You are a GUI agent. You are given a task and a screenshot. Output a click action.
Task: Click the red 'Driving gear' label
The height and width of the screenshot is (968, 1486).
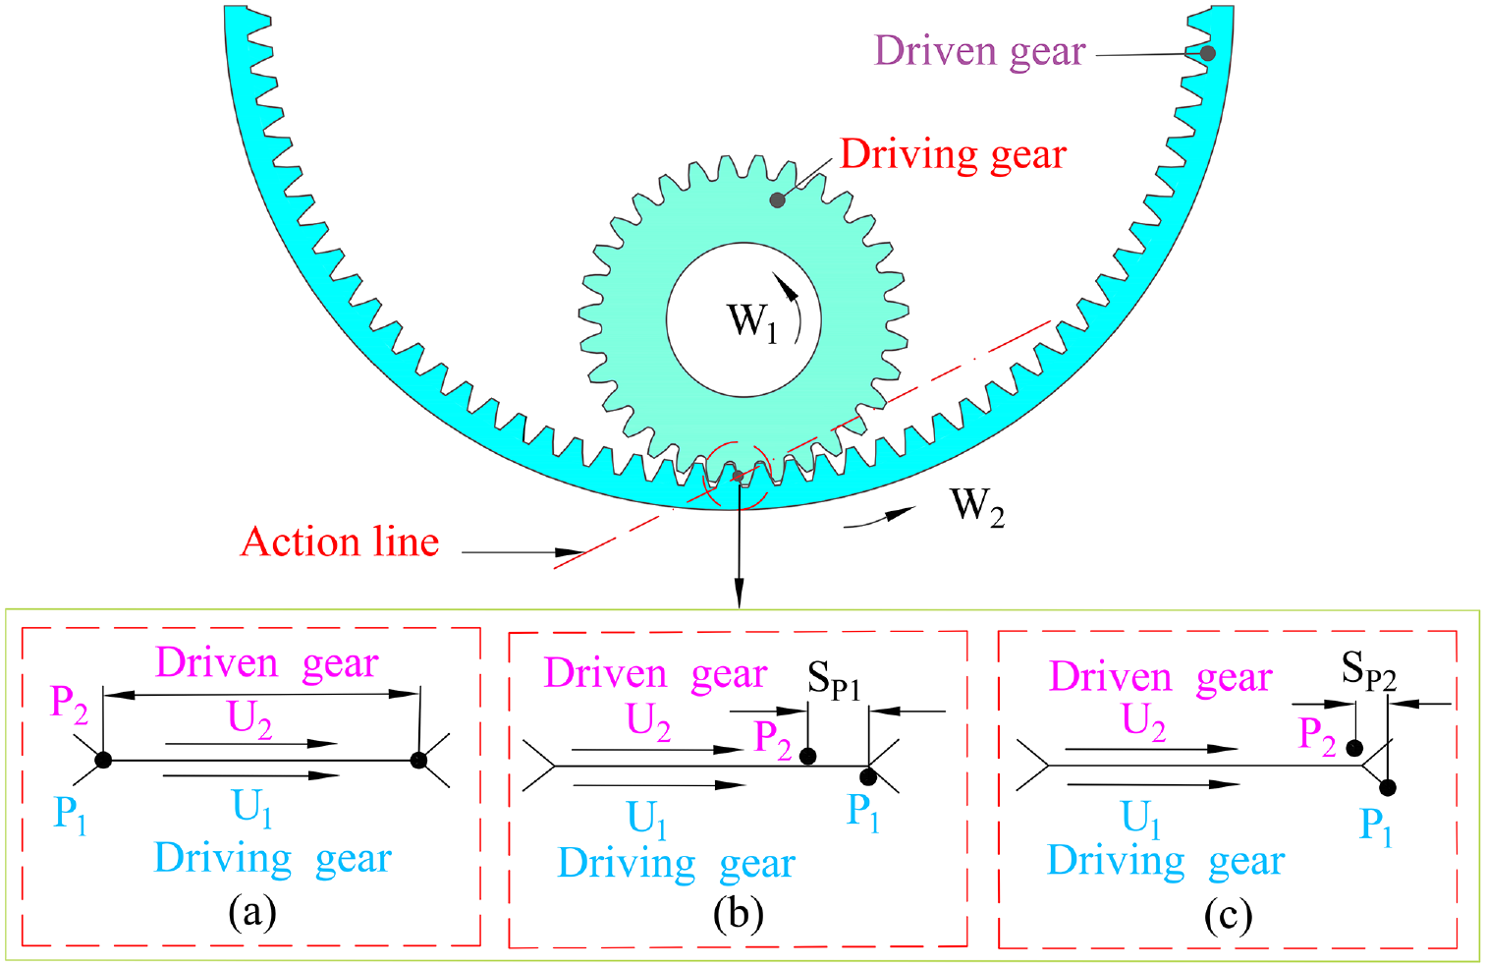pos(953,155)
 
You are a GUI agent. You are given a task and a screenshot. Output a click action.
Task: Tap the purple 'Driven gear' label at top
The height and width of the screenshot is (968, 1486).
pos(979,51)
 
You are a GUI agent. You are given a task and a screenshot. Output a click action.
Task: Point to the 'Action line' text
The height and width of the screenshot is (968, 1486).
pos(340,542)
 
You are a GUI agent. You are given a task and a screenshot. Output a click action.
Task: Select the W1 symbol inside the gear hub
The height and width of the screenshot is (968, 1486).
pos(751,321)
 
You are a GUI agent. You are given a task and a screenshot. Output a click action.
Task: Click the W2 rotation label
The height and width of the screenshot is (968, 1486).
pos(977,506)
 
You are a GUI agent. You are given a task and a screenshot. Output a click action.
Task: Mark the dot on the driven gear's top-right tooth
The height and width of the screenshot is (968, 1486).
pos(1208,53)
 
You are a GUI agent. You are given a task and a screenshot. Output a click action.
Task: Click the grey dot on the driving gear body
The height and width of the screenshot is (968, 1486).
pos(777,200)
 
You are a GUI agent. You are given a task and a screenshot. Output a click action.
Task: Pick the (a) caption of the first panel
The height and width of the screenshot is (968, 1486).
pos(251,912)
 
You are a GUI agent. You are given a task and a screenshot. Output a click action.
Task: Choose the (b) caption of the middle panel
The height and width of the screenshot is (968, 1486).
pos(739,914)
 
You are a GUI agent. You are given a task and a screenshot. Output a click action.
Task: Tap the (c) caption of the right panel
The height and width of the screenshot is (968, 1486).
pos(1228,916)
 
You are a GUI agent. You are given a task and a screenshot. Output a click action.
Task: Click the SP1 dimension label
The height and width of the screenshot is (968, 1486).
pos(834,679)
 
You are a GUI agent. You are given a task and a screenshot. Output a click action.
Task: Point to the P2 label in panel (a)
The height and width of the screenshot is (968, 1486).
pos(69,705)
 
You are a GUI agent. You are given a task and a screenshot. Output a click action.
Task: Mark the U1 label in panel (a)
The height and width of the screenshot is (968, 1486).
pos(252,808)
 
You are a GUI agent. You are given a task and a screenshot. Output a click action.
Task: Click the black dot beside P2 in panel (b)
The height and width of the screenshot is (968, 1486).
pos(808,756)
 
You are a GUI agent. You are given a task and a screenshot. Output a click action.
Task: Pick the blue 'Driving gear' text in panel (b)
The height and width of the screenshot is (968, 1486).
pos(676,864)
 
